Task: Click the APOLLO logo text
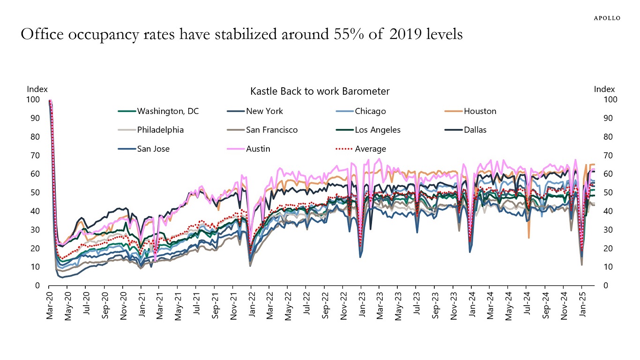click(607, 18)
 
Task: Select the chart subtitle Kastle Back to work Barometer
click(320, 91)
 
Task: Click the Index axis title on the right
click(604, 89)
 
